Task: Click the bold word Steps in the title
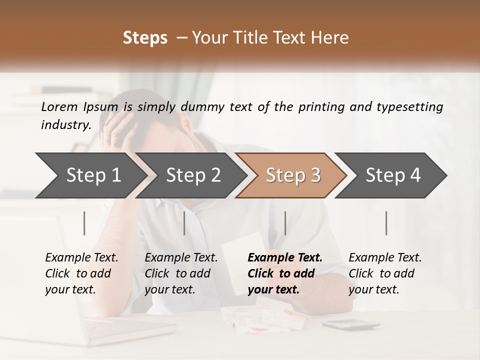(x=145, y=38)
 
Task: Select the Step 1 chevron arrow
(x=90, y=175)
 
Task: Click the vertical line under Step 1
(x=84, y=223)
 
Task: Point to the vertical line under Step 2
(x=184, y=223)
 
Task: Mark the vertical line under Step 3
(x=285, y=223)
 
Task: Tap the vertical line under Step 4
(x=386, y=223)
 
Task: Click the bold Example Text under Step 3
(x=285, y=258)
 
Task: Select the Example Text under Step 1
(x=81, y=258)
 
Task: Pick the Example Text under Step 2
(x=181, y=258)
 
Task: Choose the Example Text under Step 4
(x=385, y=258)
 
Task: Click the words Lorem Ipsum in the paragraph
(x=79, y=107)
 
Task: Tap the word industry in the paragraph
(x=65, y=125)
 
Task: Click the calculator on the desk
(x=350, y=325)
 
